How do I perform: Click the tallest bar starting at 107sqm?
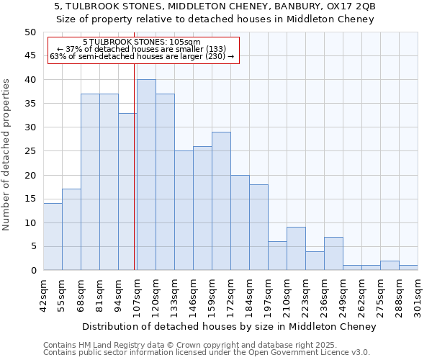146,175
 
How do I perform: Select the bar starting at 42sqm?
53,237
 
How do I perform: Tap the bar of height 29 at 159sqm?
221,201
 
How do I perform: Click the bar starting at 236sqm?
333,253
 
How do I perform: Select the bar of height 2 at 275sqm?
390,266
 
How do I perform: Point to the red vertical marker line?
134,166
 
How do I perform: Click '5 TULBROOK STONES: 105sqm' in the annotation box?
142,42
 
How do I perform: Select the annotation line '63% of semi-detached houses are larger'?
142,56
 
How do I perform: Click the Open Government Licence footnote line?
206,353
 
